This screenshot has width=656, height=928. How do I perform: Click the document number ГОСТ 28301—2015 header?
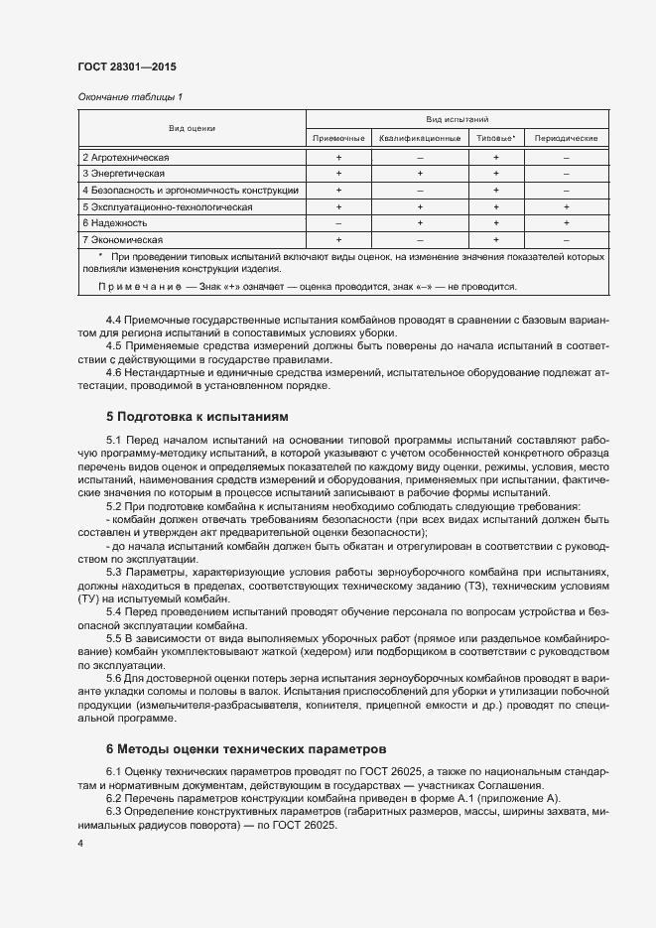coord(127,66)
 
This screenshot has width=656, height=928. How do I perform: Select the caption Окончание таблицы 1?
coord(129,96)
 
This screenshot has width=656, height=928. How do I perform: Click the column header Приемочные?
coord(338,138)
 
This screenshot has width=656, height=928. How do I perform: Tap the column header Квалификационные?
coord(419,138)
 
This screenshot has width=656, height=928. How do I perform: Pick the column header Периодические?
coord(566,138)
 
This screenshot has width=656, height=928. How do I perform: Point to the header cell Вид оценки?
coord(192,128)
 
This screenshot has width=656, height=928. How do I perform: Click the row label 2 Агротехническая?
coord(126,157)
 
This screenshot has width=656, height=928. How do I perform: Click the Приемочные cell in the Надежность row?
coord(338,223)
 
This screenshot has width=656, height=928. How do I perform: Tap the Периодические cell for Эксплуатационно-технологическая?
coord(566,206)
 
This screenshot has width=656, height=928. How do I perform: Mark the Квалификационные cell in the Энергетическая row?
coord(419,174)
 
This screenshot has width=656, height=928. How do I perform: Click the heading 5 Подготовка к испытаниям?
coord(197,416)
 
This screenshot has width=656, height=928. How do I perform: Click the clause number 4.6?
coord(114,373)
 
